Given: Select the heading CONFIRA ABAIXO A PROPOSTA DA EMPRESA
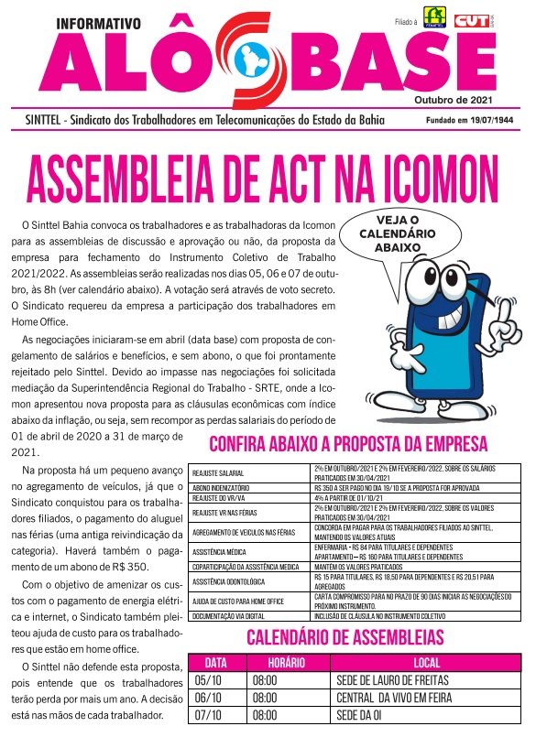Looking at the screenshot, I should pyautogui.click(x=348, y=445).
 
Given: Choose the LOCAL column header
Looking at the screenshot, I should pyautogui.click(x=426, y=661).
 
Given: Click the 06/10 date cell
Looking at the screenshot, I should pyautogui.click(x=209, y=698).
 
